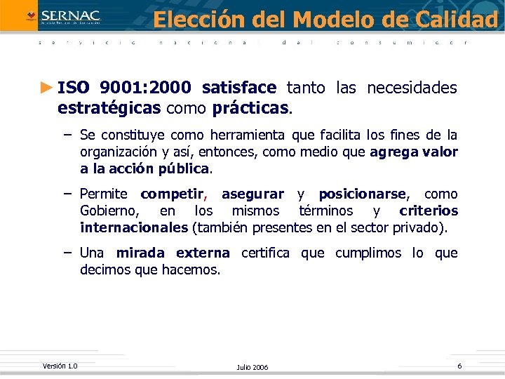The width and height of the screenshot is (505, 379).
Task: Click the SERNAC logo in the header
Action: (x=63, y=16)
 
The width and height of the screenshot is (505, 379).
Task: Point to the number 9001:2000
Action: (x=145, y=88)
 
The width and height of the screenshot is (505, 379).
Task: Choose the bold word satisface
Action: (x=239, y=88)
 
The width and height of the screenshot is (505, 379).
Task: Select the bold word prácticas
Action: (x=250, y=109)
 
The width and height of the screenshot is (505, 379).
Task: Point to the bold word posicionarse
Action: (x=362, y=194)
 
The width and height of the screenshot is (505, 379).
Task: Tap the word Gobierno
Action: (x=109, y=211)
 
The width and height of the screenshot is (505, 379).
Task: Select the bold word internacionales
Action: (x=133, y=227)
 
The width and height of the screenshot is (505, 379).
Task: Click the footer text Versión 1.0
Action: (x=60, y=366)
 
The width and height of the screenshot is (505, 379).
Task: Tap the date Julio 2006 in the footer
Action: (x=252, y=368)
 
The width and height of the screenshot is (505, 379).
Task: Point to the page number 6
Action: (x=459, y=366)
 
